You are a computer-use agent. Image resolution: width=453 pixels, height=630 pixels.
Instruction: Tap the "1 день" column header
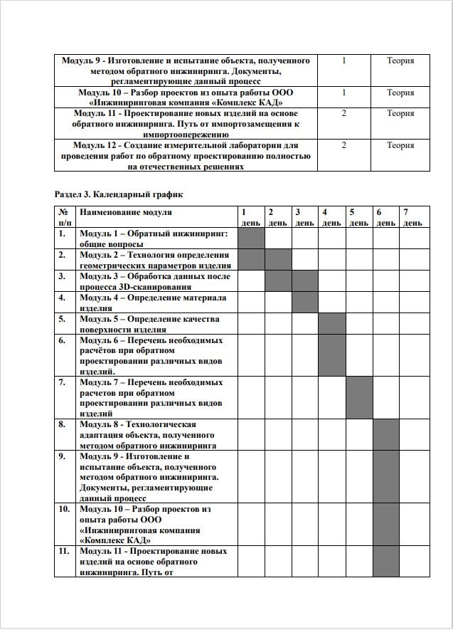250,217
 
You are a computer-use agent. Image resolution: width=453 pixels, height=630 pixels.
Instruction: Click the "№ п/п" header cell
64,217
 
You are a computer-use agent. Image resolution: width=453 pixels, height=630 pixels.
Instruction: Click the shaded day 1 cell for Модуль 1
251,238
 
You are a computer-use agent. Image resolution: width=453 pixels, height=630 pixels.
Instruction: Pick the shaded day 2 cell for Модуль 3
278,280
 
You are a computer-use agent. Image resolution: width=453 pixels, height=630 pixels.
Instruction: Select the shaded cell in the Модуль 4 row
305,302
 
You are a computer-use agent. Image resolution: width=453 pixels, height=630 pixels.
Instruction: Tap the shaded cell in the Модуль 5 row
332,323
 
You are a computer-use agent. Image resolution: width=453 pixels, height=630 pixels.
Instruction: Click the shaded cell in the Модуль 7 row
359,397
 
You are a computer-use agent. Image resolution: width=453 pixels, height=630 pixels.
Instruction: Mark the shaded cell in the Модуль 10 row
386,524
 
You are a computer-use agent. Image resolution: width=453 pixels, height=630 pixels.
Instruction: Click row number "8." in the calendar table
63,424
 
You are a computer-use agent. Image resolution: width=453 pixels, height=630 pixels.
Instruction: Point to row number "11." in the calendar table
64,551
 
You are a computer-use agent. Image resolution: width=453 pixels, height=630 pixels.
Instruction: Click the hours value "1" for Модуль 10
344,93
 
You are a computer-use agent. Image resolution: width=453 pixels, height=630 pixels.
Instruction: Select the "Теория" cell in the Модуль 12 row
400,145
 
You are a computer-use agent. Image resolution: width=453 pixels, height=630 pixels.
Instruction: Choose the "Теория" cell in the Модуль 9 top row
400,61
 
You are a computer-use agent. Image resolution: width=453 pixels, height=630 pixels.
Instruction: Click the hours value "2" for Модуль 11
344,113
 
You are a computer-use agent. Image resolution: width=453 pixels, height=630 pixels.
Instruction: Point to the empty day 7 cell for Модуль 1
415,238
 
